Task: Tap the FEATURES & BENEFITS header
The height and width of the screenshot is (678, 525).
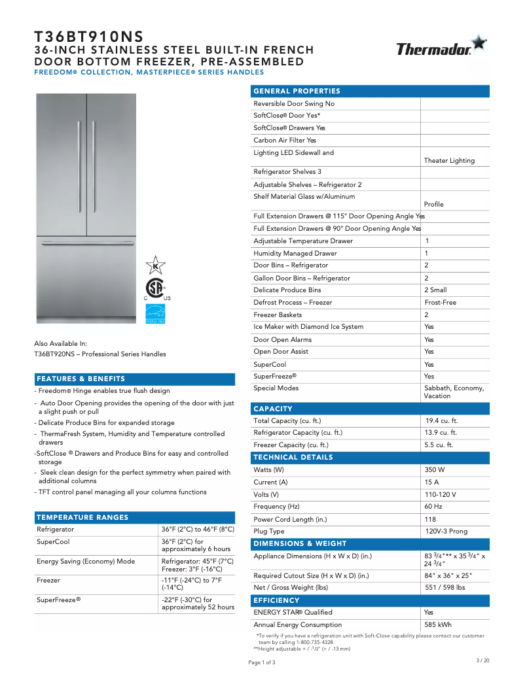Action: click(81, 379)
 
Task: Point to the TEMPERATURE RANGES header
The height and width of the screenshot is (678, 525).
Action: click(82, 517)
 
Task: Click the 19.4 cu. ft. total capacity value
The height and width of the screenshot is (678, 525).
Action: click(442, 421)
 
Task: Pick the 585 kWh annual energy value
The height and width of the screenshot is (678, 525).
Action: click(438, 625)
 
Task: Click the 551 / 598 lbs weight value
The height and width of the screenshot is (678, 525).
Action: click(444, 588)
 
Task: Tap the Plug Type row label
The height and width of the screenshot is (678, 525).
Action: click(269, 532)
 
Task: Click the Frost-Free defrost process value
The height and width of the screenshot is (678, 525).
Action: click(440, 303)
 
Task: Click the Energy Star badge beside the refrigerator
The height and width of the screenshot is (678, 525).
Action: click(155, 314)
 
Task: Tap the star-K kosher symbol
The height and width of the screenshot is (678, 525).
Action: click(155, 265)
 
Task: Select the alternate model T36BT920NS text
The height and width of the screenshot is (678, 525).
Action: click(100, 354)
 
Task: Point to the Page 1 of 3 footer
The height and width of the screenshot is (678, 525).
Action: click(262, 662)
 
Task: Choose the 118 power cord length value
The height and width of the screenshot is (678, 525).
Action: click(430, 519)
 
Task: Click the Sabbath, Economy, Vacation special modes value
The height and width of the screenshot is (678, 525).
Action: click(454, 392)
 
